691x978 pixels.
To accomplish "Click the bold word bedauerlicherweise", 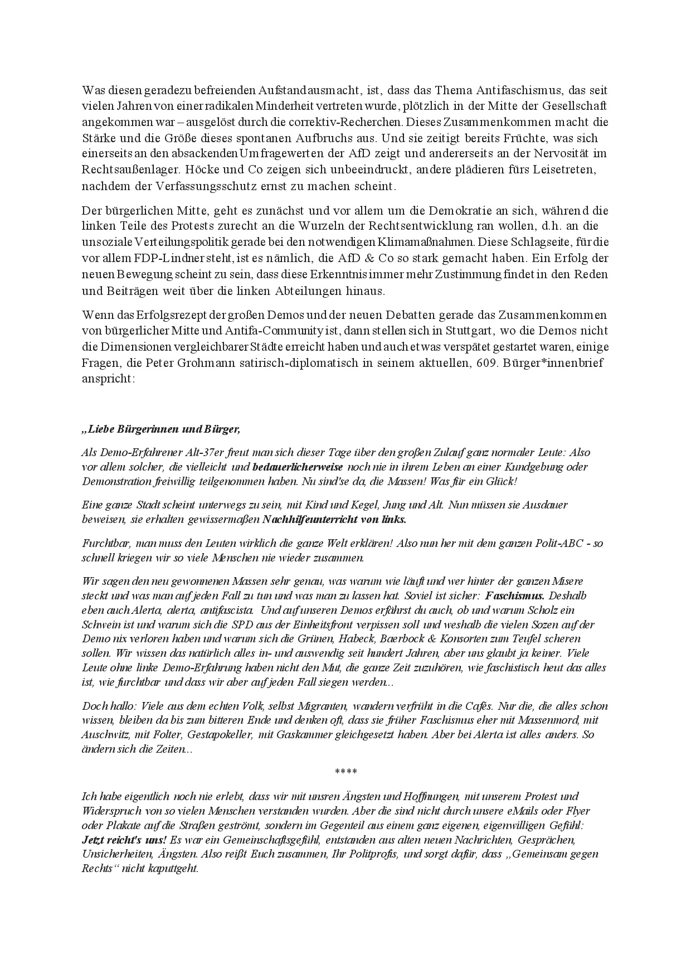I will (x=298, y=467).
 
